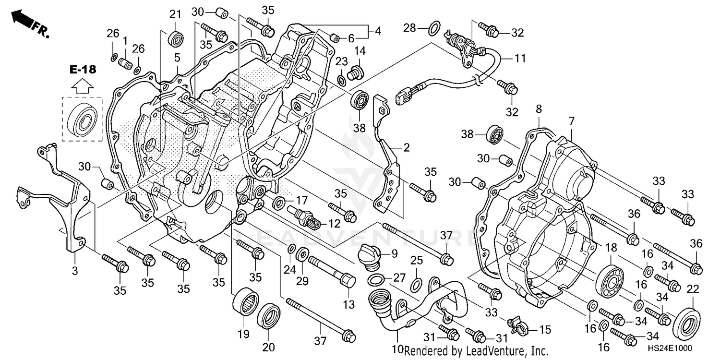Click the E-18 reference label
pyautogui.click(x=83, y=70)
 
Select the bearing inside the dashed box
pyautogui.click(x=81, y=118)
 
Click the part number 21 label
pyautogui.click(x=174, y=14)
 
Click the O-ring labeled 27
pyautogui.click(x=377, y=280)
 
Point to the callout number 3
pyautogui.click(x=75, y=271)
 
